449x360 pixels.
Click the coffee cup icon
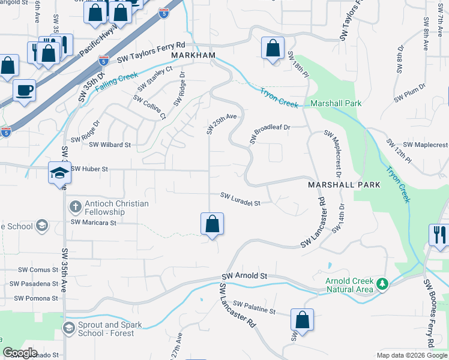pyautogui.click(x=24, y=91)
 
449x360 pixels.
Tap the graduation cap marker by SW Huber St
pyautogui.click(x=60, y=173)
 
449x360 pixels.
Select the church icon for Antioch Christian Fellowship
pyautogui.click(x=74, y=207)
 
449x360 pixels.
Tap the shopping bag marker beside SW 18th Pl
pyautogui.click(x=273, y=48)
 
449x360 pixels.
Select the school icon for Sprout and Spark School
pyautogui.click(x=68, y=327)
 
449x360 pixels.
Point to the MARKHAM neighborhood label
pyautogui.click(x=193, y=55)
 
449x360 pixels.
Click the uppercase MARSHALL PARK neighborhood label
pyautogui.click(x=344, y=185)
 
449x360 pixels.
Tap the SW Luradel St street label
pyautogui.click(x=240, y=199)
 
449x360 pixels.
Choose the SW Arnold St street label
pyautogui.click(x=244, y=275)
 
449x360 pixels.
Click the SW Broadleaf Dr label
pyautogui.click(x=270, y=133)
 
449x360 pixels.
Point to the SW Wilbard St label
pyautogui.click(x=110, y=145)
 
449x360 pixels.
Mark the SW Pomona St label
pyautogui.click(x=35, y=298)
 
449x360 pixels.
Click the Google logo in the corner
pyautogui.click(x=20, y=353)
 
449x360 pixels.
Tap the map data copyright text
pyautogui.click(x=411, y=355)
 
